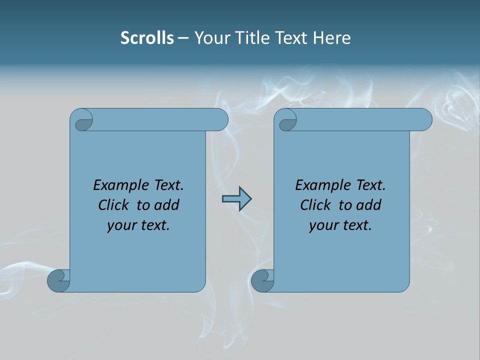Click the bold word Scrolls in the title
tap(147, 37)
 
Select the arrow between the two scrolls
tap(236, 199)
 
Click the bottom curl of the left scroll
tap(59, 280)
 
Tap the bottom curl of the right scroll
tap(262, 280)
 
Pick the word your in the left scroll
tap(121, 225)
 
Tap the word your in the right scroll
tap(323, 225)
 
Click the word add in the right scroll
tap(368, 205)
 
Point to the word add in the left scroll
tap(166, 205)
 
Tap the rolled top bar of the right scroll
tap(360, 120)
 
